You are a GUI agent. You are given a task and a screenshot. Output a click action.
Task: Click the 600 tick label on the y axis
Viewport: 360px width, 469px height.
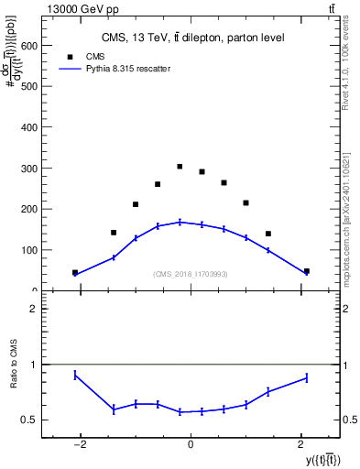(x=27, y=46)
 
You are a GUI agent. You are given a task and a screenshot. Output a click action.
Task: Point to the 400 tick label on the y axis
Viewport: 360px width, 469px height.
(x=27, y=127)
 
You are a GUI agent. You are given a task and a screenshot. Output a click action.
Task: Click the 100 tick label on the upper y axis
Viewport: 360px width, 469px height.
(x=27, y=250)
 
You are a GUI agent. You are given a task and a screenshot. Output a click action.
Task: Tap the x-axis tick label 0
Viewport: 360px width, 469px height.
(x=191, y=446)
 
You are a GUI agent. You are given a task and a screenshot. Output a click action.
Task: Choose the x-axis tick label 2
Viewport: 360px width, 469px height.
(x=299, y=446)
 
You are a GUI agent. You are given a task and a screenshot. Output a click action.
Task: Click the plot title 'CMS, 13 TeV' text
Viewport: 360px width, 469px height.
(x=192, y=38)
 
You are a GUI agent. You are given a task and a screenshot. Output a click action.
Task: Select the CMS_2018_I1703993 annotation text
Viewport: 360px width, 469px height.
(x=191, y=274)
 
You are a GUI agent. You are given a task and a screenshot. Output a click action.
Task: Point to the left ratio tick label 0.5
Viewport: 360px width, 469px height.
(x=29, y=420)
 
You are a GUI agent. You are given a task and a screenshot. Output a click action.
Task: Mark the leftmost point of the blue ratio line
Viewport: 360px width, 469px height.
(x=75, y=375)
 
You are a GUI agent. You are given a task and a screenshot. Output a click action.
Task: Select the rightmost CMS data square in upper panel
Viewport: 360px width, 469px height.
(x=306, y=271)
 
